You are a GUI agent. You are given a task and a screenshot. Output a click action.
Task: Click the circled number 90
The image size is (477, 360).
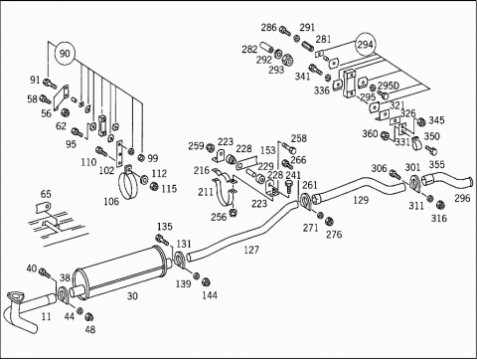click(65, 54)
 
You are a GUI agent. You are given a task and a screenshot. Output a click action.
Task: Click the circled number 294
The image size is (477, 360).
click(365, 44)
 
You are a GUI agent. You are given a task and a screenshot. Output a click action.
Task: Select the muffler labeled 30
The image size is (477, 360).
click(121, 272)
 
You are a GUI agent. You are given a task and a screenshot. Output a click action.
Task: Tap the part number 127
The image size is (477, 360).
click(251, 250)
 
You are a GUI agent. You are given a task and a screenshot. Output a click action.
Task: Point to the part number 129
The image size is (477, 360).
click(361, 200)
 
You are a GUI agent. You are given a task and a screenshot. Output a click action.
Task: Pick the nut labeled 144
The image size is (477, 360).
click(206, 281)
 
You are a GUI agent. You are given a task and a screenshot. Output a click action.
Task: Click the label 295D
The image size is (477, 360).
click(389, 86)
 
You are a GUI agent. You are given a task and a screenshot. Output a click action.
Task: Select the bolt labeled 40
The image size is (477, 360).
click(45, 273)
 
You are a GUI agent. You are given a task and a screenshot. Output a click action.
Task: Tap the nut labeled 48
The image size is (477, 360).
click(88, 317)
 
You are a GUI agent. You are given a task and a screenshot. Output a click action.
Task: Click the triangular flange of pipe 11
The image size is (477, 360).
click(14, 296)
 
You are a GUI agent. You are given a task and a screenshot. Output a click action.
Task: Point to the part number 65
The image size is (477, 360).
click(46, 194)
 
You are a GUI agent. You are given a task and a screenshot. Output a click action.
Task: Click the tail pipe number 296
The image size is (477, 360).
click(462, 198)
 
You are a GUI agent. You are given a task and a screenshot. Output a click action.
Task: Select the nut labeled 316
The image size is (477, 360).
click(440, 205)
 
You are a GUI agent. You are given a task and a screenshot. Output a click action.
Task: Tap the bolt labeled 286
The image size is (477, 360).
click(284, 31)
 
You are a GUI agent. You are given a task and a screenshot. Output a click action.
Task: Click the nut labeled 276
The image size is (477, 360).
click(329, 221)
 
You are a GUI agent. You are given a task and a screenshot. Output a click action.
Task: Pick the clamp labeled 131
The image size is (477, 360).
click(179, 260)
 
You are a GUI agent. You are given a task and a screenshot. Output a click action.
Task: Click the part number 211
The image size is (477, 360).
click(206, 192)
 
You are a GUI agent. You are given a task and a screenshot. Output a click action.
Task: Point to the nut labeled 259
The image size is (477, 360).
click(210, 147)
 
